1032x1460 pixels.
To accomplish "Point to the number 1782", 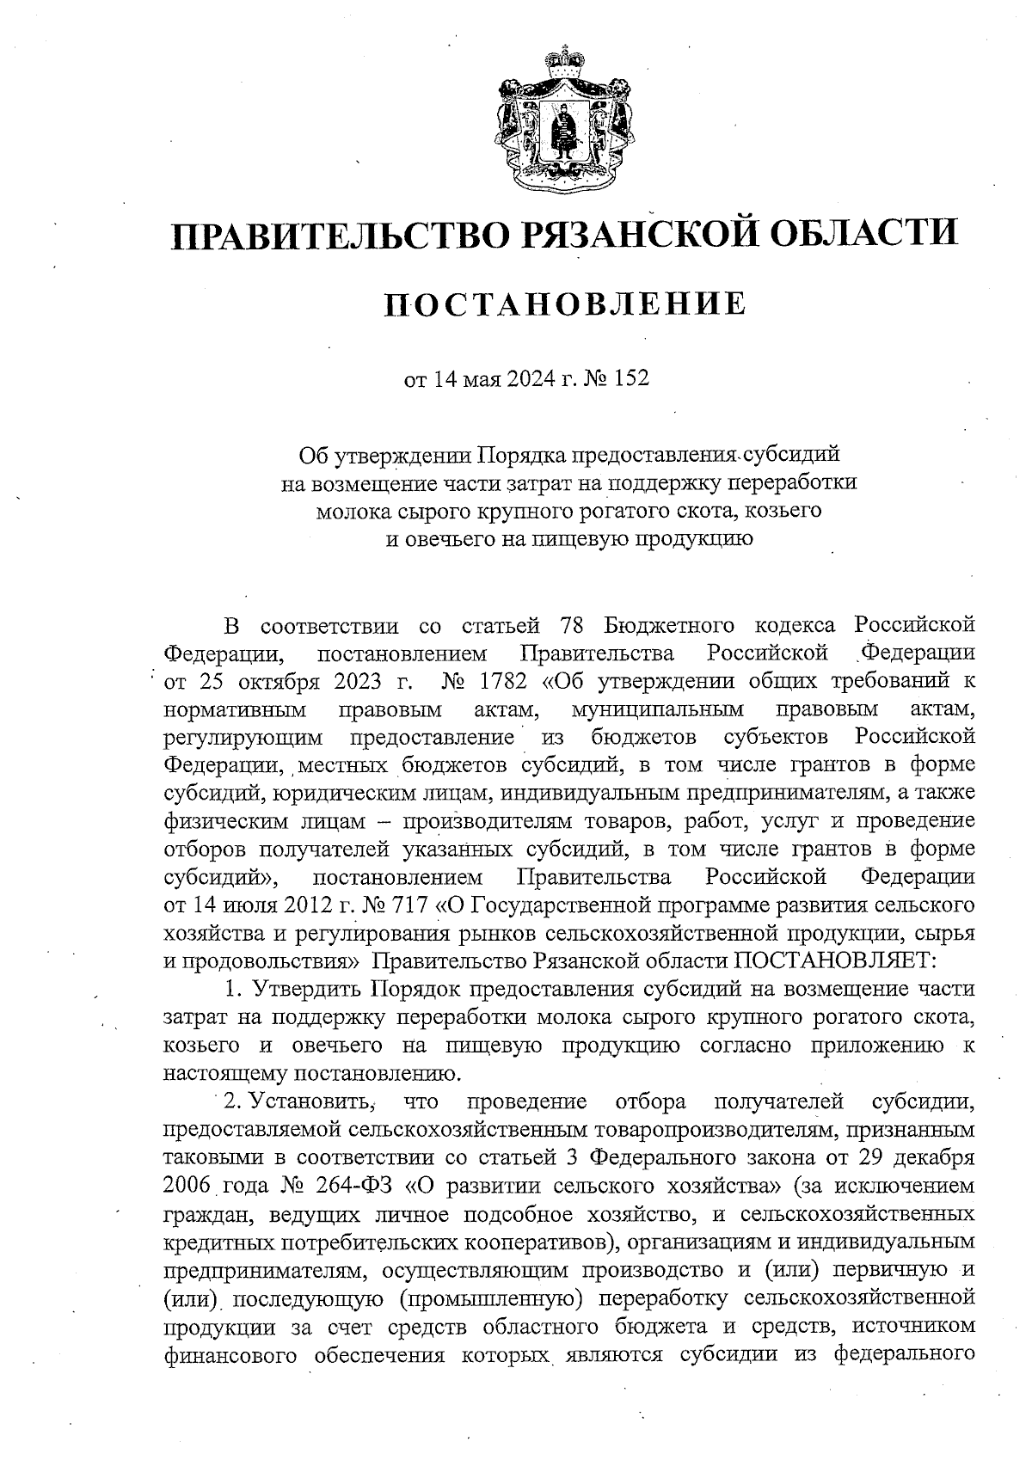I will [x=504, y=681].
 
